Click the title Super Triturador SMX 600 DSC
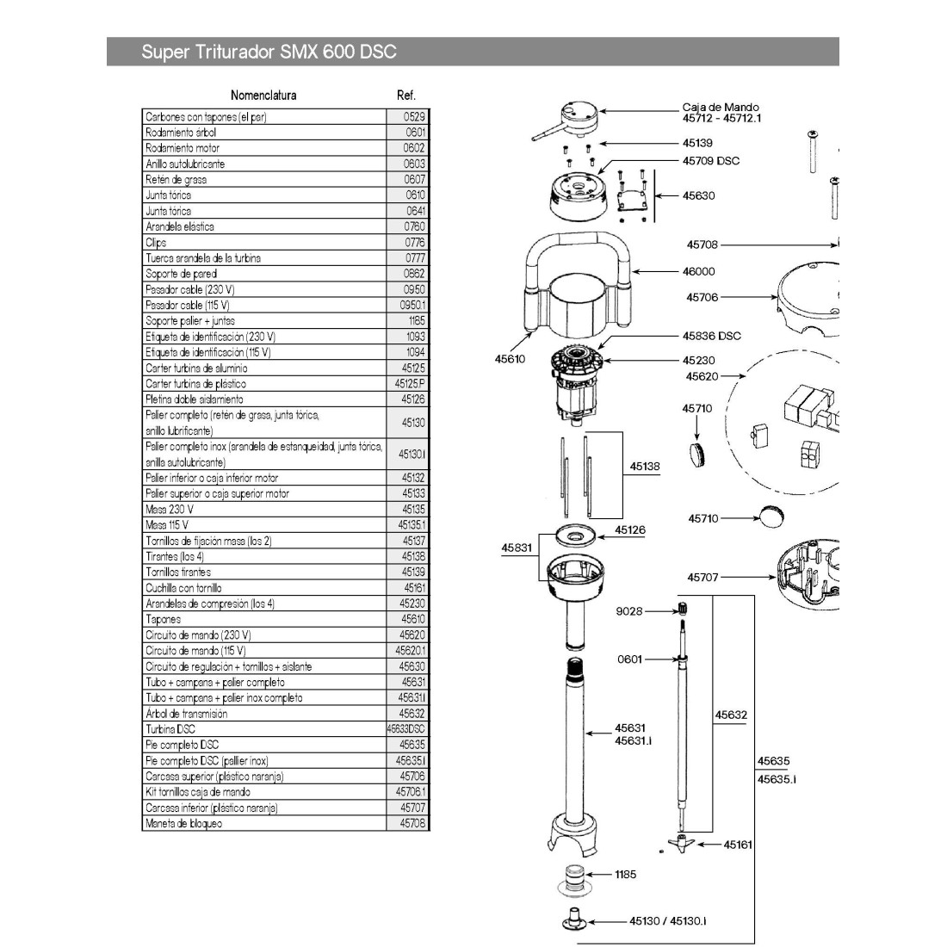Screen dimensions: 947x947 (x=269, y=52)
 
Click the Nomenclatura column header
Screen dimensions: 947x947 (x=263, y=96)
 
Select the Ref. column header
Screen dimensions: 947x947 (x=406, y=96)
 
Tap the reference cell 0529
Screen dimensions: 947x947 (x=415, y=116)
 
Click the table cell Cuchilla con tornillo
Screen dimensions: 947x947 (x=183, y=588)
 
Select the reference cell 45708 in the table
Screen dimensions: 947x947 (x=412, y=823)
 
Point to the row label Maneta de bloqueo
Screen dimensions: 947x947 (x=183, y=823)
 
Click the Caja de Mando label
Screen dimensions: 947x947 (x=721, y=108)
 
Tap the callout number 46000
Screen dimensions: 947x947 (x=698, y=271)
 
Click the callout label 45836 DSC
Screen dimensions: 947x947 (x=711, y=336)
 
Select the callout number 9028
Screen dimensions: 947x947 (x=628, y=611)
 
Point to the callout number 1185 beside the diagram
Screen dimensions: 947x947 (x=626, y=875)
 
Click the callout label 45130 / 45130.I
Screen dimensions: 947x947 (x=667, y=921)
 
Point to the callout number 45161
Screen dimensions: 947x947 (x=738, y=845)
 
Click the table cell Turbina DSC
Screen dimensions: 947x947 (x=170, y=729)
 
